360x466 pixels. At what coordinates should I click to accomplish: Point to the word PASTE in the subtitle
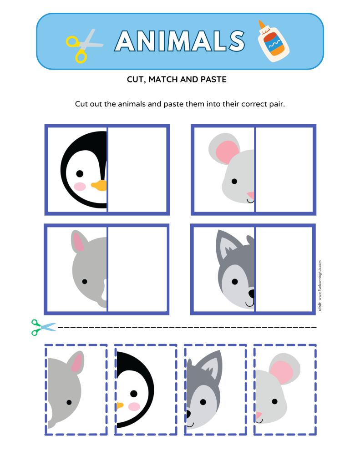pyautogui.click(x=213, y=80)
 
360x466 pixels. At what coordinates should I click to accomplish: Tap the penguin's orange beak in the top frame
pyautogui.click(x=99, y=185)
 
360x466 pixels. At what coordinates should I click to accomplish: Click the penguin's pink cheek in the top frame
pyautogui.click(x=80, y=186)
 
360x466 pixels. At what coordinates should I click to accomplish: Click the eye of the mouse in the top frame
pyautogui.click(x=234, y=181)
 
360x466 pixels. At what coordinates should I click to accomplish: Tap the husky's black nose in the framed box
pyautogui.click(x=251, y=294)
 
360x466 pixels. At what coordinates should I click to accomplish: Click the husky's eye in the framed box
pyautogui.click(x=234, y=282)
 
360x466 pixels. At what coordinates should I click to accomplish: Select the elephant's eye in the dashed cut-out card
pyautogui.click(x=69, y=402)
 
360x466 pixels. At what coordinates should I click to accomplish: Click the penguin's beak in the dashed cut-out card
pyautogui.click(x=120, y=405)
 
